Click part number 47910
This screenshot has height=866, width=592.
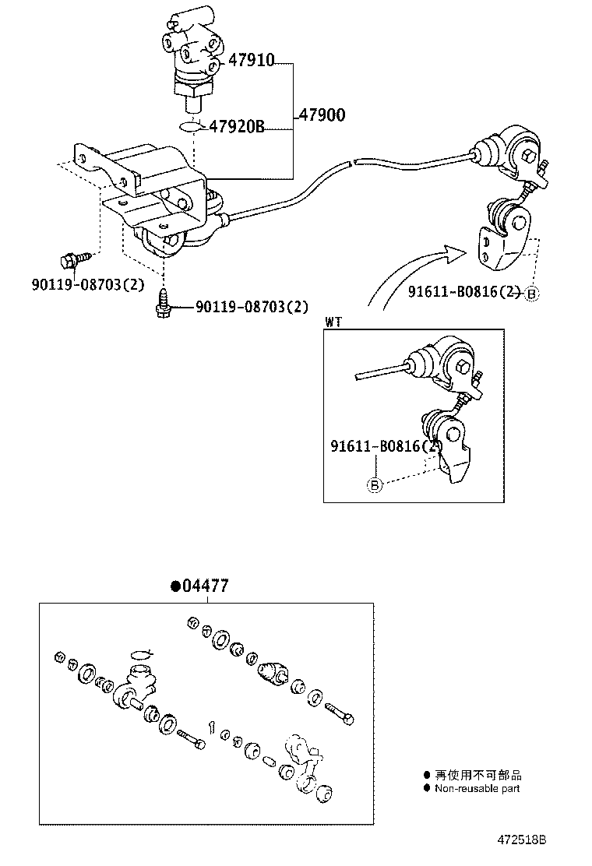pyautogui.click(x=252, y=60)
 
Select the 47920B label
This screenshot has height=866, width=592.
pyautogui.click(x=237, y=127)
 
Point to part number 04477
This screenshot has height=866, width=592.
pyautogui.click(x=205, y=586)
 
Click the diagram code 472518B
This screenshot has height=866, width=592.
pyautogui.click(x=523, y=840)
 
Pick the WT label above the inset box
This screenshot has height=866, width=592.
pyautogui.click(x=333, y=321)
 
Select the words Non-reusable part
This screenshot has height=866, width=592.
pyautogui.click(x=477, y=788)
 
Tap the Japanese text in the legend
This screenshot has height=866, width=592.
pyautogui.click(x=478, y=775)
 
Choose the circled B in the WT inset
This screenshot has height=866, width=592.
pyautogui.click(x=374, y=486)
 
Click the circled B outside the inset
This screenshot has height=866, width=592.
pyautogui.click(x=533, y=294)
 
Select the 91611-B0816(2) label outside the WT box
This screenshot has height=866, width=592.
pyautogui.click(x=464, y=292)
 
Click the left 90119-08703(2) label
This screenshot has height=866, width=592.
pyautogui.click(x=88, y=284)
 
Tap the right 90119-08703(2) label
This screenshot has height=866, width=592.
pyautogui.click(x=252, y=307)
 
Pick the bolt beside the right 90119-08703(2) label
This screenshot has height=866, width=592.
pyautogui.click(x=164, y=303)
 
